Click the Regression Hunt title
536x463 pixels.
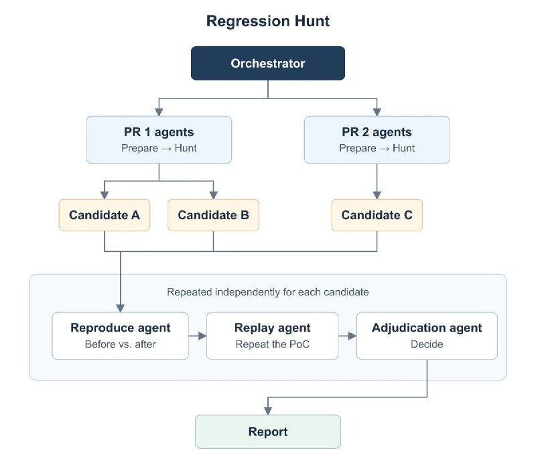[x=267, y=21]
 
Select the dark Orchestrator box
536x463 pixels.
[x=267, y=63]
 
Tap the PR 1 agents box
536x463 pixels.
[x=159, y=139]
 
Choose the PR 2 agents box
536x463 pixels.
[x=377, y=139]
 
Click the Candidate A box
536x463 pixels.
[x=105, y=215]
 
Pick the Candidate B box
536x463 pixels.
[x=213, y=215]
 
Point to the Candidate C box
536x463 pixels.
[x=377, y=215]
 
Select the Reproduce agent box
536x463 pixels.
[x=120, y=336]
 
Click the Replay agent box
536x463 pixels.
[x=273, y=336]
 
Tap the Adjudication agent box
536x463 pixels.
[x=427, y=336]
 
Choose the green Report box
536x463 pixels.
[x=267, y=432]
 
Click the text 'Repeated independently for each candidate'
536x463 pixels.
[x=267, y=292]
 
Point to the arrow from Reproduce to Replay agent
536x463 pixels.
[x=198, y=336]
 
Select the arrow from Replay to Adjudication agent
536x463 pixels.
[x=348, y=336]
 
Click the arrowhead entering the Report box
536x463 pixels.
[x=268, y=411]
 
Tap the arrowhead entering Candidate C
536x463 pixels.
[x=377, y=195]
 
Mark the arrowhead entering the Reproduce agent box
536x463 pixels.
[x=121, y=308]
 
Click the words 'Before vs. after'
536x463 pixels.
[x=120, y=344]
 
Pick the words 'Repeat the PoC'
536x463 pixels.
[x=273, y=344]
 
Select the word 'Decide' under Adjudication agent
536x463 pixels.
[x=427, y=344]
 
